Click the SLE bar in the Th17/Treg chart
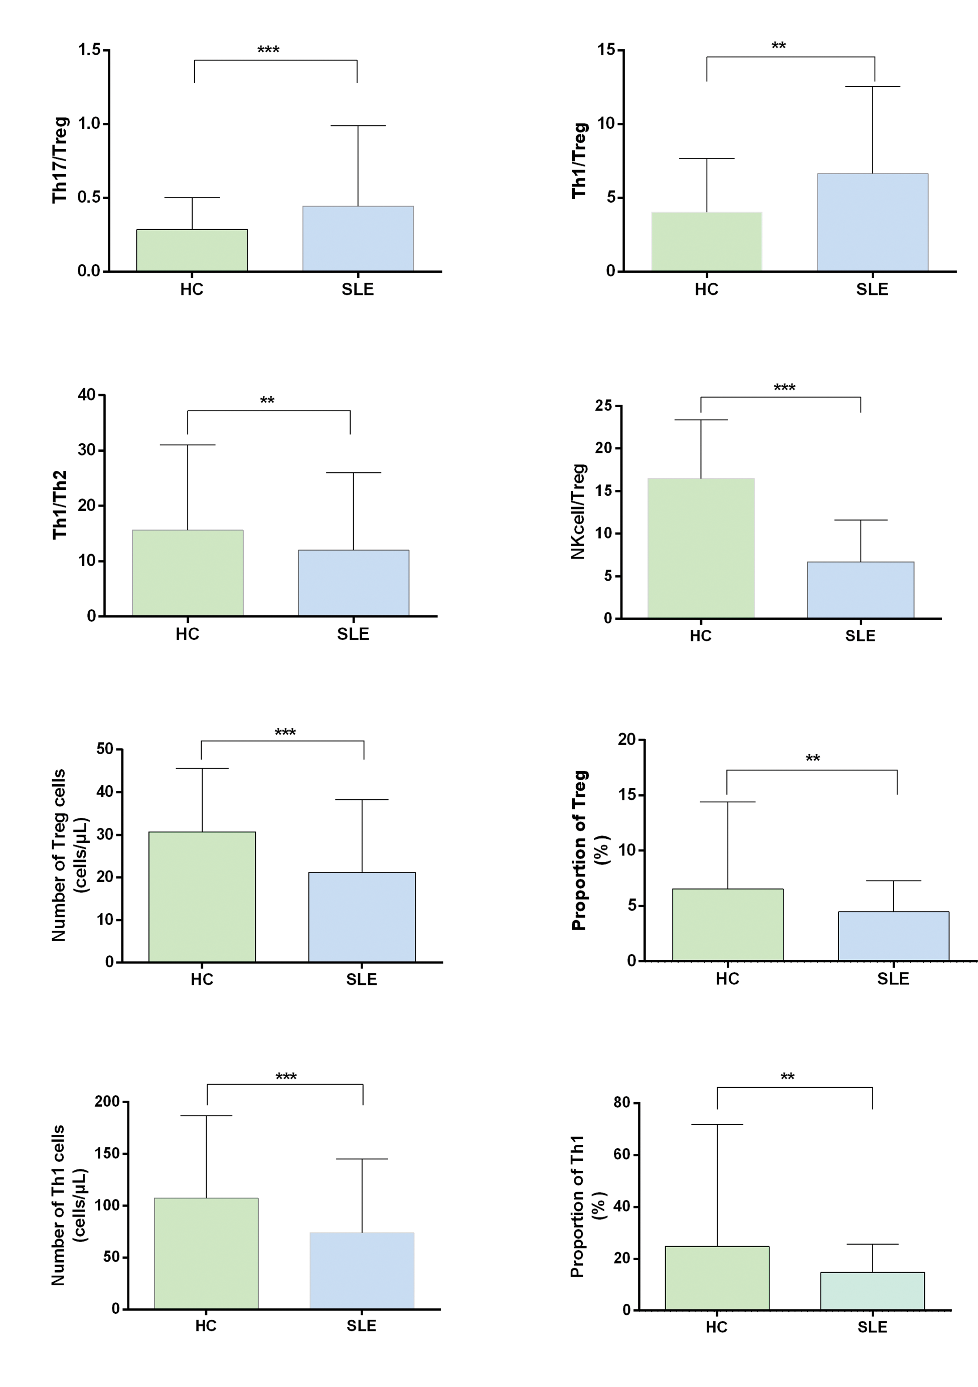click(358, 239)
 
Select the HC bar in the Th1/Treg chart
click(706, 241)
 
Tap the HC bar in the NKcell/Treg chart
click(701, 548)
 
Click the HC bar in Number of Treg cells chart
click(202, 897)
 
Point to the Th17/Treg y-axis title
click(60, 159)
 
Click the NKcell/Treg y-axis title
click(578, 511)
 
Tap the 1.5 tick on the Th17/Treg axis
click(89, 50)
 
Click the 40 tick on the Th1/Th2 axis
click(86, 395)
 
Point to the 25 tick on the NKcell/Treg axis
click(603, 405)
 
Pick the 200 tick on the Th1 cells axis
click(107, 1101)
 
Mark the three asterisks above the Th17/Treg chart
click(268, 50)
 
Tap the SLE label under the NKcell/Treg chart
click(860, 635)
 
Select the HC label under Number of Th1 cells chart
click(206, 1326)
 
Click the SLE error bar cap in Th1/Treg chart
click(872, 86)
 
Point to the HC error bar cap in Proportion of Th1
click(717, 1124)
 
